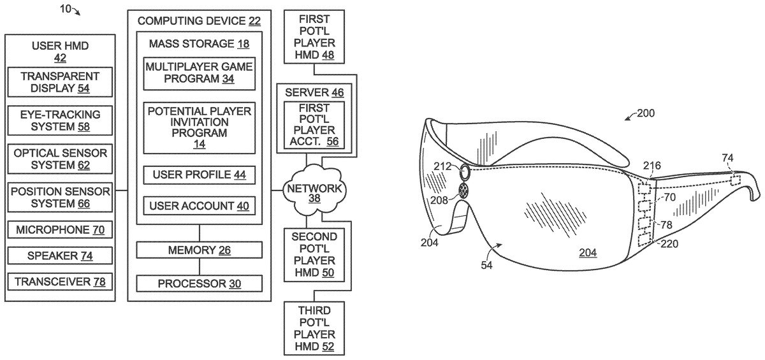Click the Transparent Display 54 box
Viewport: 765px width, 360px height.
58,83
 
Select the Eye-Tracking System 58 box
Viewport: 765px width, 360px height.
58,120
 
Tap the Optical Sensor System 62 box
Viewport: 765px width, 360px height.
58,159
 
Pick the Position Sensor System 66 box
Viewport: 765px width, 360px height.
58,196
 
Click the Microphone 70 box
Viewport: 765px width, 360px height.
58,229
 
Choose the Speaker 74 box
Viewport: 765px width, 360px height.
58,255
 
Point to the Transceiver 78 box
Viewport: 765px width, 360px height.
58,280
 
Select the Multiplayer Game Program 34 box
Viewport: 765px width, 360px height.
200,73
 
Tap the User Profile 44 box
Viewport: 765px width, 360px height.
200,174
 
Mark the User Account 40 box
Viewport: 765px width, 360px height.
200,205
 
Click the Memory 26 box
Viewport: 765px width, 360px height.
200,250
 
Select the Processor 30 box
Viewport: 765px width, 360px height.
200,283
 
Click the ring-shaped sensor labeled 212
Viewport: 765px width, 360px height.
464,171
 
